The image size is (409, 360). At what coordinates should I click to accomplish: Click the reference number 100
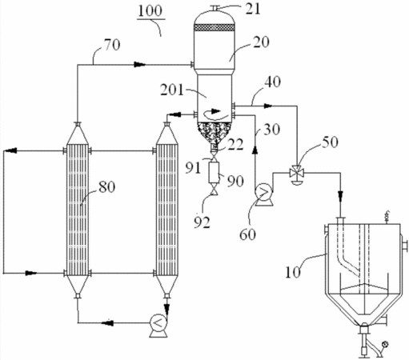(150, 10)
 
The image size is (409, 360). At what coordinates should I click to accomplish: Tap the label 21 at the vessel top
(253, 9)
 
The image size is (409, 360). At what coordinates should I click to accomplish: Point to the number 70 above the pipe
(112, 45)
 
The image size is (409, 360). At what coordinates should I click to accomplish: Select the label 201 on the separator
(172, 90)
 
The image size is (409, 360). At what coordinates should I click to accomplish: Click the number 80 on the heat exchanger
(107, 186)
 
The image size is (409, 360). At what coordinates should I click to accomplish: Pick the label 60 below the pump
(247, 234)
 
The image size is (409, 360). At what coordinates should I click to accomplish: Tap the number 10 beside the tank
(293, 272)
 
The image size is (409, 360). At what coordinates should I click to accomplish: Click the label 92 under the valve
(202, 222)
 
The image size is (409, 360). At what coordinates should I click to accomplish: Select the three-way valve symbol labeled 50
(295, 173)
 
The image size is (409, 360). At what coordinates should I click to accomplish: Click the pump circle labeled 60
(263, 191)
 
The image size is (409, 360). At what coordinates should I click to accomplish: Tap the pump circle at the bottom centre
(158, 323)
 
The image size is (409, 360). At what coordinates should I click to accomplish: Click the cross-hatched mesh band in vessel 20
(214, 27)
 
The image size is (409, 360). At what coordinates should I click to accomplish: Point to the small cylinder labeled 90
(214, 172)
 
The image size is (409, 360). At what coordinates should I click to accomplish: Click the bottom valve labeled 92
(214, 191)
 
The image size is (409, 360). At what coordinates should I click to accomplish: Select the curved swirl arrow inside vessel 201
(216, 114)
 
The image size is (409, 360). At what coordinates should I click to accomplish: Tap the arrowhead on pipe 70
(139, 64)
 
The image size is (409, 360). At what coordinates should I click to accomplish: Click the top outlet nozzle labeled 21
(214, 9)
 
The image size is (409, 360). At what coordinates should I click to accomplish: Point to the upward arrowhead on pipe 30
(255, 150)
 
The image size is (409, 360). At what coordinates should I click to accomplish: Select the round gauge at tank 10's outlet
(384, 344)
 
